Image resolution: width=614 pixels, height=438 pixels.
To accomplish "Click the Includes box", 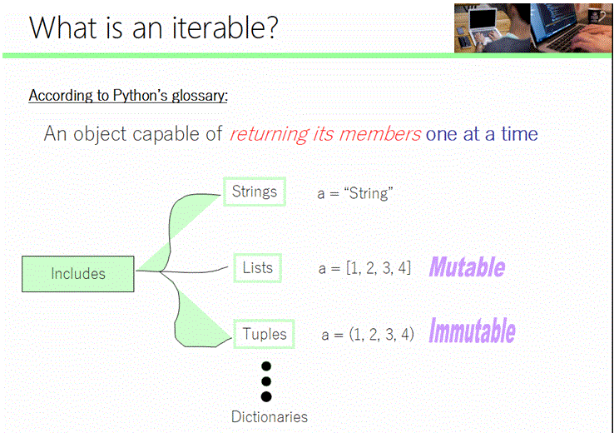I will click(77, 274).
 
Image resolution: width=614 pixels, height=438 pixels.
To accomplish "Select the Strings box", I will click(254, 192).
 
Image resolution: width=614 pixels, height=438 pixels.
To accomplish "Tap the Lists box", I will click(257, 267).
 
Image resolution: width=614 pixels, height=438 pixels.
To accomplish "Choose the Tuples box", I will click(264, 334).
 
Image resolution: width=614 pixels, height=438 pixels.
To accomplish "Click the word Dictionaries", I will click(269, 416).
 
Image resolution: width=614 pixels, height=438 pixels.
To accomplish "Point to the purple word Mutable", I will click(467, 267).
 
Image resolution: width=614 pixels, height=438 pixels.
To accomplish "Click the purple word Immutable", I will click(472, 331).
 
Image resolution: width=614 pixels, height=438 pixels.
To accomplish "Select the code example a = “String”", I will click(354, 193).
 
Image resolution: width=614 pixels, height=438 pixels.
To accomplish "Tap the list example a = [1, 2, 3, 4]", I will click(364, 268).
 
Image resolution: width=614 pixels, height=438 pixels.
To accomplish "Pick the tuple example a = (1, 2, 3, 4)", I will click(367, 335).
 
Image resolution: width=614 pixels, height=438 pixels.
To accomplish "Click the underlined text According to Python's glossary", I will click(128, 95).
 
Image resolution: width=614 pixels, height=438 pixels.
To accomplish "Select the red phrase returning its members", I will click(324, 133).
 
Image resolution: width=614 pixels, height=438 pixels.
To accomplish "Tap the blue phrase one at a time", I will click(482, 133).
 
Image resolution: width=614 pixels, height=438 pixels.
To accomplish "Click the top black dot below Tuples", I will click(266, 366).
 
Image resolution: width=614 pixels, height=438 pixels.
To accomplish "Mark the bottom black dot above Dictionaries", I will click(266, 396).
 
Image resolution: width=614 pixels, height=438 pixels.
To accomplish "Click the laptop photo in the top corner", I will click(530, 27).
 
